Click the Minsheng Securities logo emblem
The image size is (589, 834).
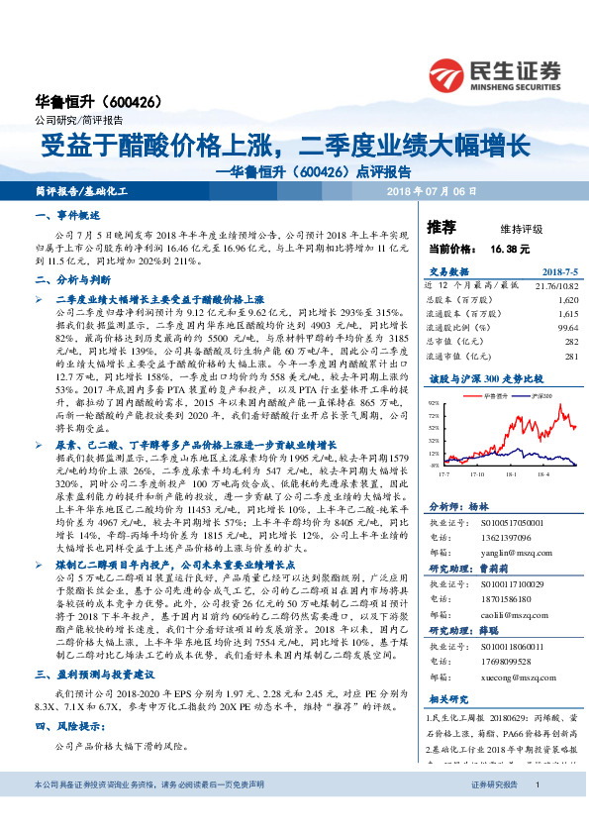(x=449, y=73)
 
